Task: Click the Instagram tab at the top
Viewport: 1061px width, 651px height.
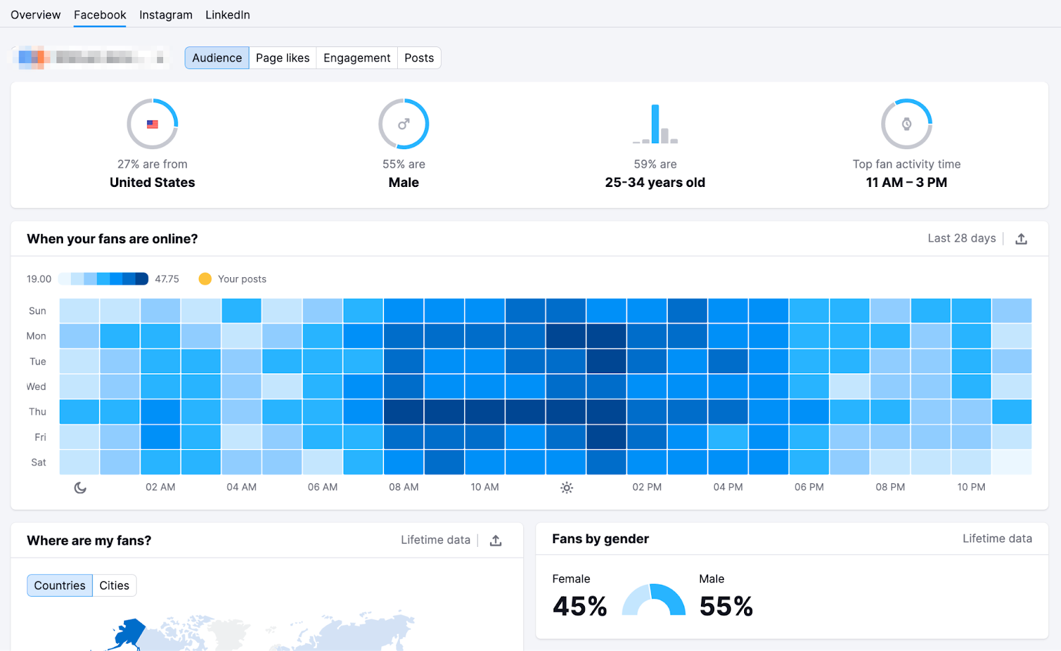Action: (166, 15)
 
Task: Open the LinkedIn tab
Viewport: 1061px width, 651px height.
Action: (227, 15)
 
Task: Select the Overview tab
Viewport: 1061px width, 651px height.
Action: (36, 15)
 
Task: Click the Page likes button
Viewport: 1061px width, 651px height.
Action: (282, 58)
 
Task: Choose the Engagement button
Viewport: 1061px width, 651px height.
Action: (357, 58)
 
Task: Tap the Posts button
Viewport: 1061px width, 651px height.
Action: (419, 58)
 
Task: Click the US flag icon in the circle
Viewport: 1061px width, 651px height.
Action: (153, 124)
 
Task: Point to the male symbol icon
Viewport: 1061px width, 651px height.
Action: (404, 124)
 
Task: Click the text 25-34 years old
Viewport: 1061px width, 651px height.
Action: (655, 182)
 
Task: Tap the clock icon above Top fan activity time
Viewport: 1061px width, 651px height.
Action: (906, 124)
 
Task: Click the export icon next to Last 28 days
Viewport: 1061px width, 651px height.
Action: (1021, 239)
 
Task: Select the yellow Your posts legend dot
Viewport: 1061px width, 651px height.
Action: (205, 279)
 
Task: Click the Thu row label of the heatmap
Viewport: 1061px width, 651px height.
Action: (38, 412)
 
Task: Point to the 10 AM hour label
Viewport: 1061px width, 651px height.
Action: (485, 487)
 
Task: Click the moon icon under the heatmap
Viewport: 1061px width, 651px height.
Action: (80, 488)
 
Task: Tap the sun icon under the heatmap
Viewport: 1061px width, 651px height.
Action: (566, 488)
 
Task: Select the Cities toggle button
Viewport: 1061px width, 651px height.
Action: (114, 585)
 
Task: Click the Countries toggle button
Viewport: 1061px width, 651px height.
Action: (60, 585)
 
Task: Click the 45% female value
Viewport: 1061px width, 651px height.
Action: (580, 606)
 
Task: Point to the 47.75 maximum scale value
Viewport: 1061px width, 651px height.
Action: (167, 279)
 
